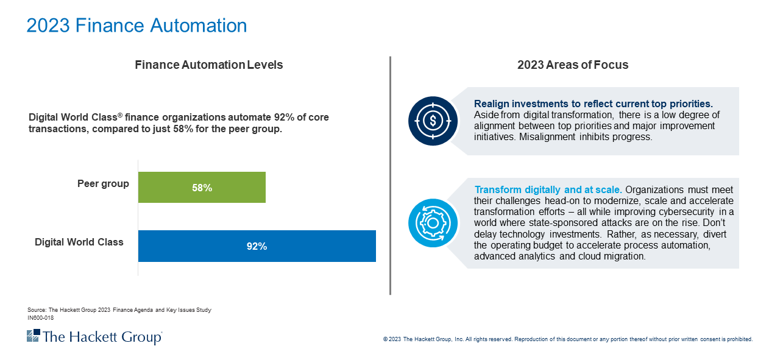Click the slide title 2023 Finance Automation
(136, 26)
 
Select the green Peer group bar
(202, 187)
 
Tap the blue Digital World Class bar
(257, 246)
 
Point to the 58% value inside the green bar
(202, 188)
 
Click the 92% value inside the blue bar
(257, 247)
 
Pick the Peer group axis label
(103, 183)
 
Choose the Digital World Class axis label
(79, 242)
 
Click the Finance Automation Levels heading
(208, 65)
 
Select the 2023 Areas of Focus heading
(572, 65)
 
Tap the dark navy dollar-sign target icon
(433, 121)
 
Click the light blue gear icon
(433, 222)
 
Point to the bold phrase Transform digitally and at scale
(548, 189)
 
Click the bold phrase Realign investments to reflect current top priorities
(593, 104)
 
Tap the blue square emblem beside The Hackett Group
(33, 336)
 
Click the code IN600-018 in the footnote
(41, 317)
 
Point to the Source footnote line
(119, 310)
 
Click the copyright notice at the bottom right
(567, 339)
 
